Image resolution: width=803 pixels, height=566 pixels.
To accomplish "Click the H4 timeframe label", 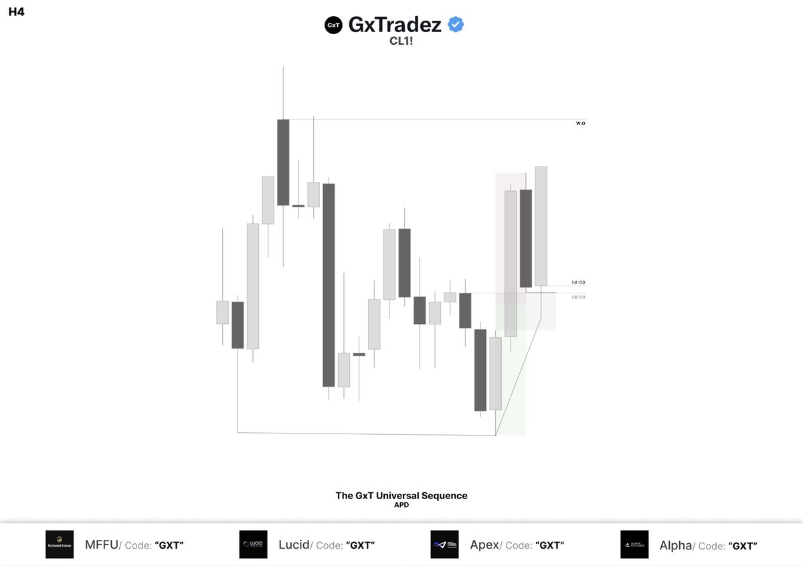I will coord(16,12).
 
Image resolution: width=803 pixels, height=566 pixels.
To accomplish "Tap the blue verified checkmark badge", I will coord(456,25).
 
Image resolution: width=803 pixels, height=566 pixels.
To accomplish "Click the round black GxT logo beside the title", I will coord(333,25).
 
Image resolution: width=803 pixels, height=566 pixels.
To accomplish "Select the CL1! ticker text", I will coord(401,40).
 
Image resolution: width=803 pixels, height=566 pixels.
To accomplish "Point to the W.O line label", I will coord(580,124).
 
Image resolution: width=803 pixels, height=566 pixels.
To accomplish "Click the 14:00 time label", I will coord(578,282).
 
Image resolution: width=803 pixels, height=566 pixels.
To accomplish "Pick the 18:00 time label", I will coord(578,297).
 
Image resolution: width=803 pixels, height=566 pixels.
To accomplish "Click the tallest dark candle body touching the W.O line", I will coord(283,162).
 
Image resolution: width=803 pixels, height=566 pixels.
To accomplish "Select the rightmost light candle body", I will coord(541,226).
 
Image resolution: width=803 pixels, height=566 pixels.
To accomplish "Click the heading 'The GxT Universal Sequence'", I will coord(401,496).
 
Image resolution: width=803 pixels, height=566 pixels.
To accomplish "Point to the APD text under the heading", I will coord(401,506).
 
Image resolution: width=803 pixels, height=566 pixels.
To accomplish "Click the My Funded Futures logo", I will coord(60,545).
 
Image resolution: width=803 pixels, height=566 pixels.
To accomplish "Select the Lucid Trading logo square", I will coord(253,545).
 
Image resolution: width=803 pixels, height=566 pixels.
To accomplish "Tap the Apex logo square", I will coord(444,545).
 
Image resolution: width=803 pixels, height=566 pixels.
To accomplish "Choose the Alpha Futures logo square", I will coord(634,545).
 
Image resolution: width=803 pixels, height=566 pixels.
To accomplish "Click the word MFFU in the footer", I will coord(101,545).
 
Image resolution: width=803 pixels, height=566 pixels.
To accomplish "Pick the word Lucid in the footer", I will coord(294,545).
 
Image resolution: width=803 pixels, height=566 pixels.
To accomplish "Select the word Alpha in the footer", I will coord(675,545).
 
